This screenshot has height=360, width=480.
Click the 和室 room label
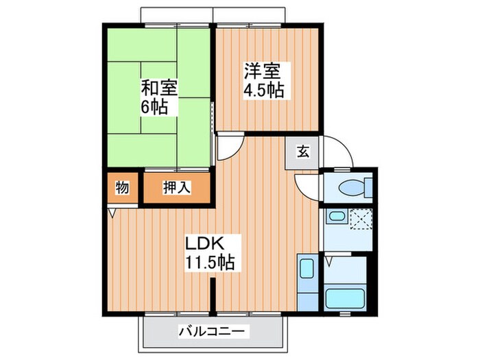pyautogui.click(x=160, y=88)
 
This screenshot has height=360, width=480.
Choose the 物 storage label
pyautogui.click(x=122, y=188)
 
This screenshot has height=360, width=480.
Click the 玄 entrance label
pyautogui.click(x=302, y=153)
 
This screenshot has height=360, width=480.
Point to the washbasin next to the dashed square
pyautogui.click(x=335, y=219)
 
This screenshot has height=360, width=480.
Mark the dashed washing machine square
pyautogui.click(x=360, y=220)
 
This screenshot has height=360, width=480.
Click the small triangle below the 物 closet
pyautogui.click(x=112, y=213)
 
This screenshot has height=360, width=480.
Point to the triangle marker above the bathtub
pyautogui.click(x=329, y=261)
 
